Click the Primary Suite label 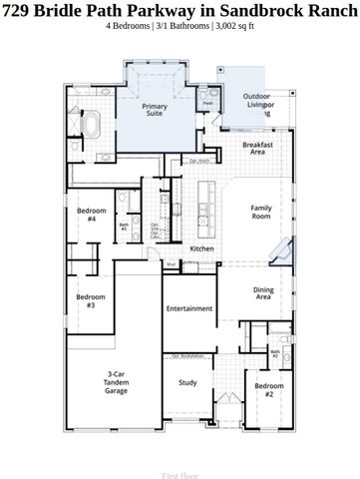(x=154, y=109)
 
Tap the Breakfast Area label (x=257, y=149)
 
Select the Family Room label (x=261, y=212)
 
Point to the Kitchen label (x=201, y=248)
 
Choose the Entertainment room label (x=189, y=308)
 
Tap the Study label (x=187, y=382)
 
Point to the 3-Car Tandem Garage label (x=116, y=382)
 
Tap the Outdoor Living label (x=257, y=105)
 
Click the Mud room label (x=171, y=264)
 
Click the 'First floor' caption (x=180, y=477)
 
